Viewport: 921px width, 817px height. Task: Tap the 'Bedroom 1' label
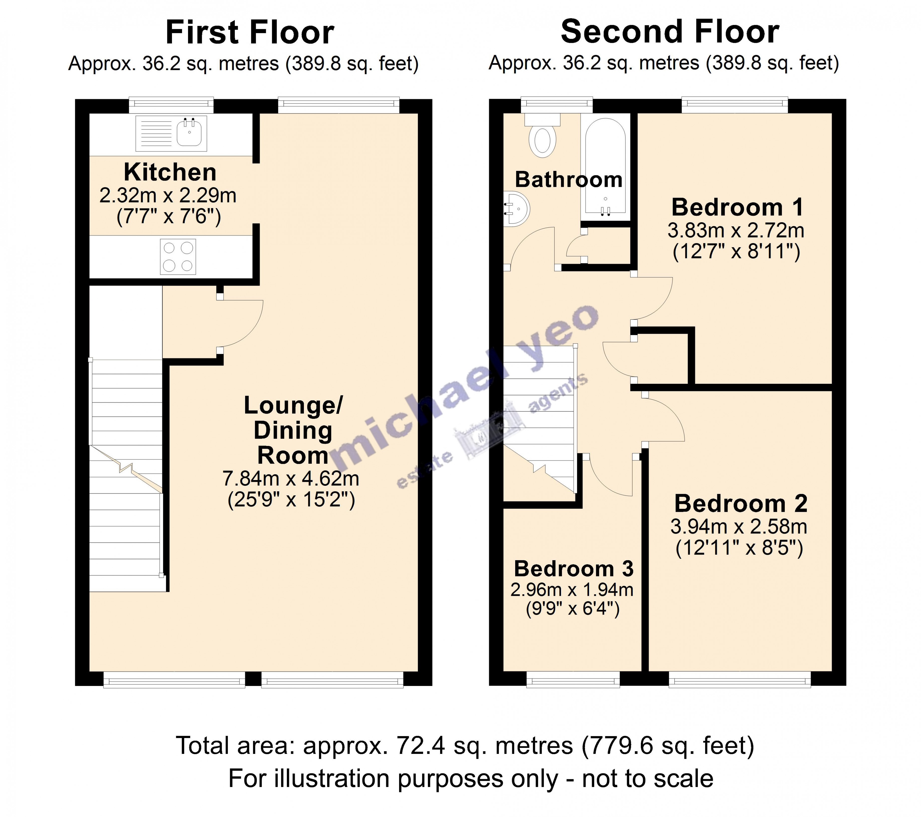point(737,207)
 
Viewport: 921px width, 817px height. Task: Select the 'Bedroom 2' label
point(740,504)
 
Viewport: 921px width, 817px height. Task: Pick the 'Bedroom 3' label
point(574,569)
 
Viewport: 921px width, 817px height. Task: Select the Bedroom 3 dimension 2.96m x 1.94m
point(572,590)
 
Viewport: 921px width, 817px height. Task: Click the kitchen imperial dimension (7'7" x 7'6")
point(168,217)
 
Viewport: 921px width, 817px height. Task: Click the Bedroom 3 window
point(573,679)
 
